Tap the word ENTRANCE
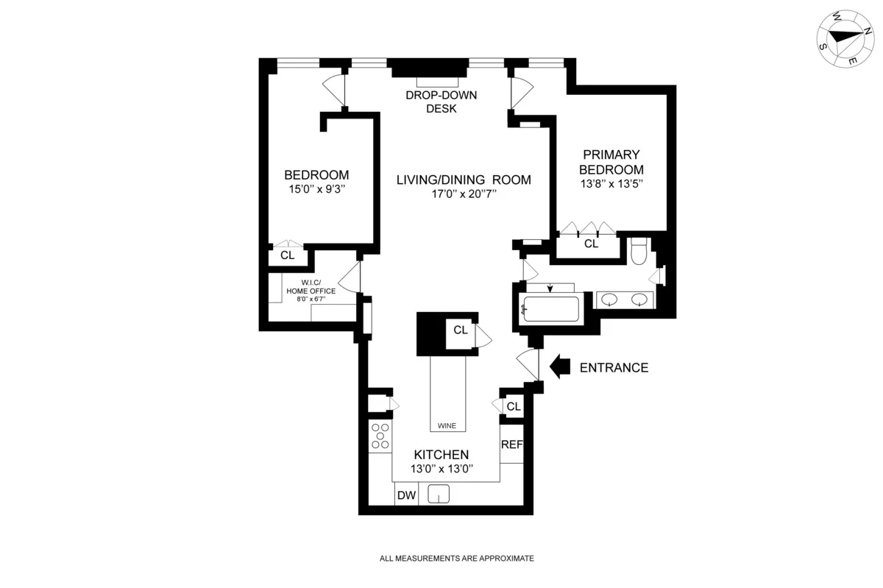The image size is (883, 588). pyautogui.click(x=614, y=368)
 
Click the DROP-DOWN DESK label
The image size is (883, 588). pyautogui.click(x=441, y=102)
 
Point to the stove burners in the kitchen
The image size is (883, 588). pyautogui.click(x=380, y=436)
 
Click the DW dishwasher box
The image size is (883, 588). pyautogui.click(x=406, y=496)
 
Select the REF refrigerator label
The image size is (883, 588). pyautogui.click(x=511, y=445)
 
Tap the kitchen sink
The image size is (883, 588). pyautogui.click(x=439, y=495)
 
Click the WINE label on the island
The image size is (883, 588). pyautogui.click(x=447, y=425)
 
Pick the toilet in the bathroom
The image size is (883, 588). pyautogui.click(x=639, y=250)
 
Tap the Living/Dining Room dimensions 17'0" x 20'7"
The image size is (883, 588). pyautogui.click(x=464, y=195)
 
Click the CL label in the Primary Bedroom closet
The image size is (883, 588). pyautogui.click(x=591, y=244)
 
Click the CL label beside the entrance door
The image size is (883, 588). pyautogui.click(x=513, y=406)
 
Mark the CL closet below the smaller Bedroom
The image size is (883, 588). pyautogui.click(x=287, y=256)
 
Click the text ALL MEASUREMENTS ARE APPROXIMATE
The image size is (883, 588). pyautogui.click(x=456, y=559)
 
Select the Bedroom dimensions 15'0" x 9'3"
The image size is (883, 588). pyautogui.click(x=316, y=189)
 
